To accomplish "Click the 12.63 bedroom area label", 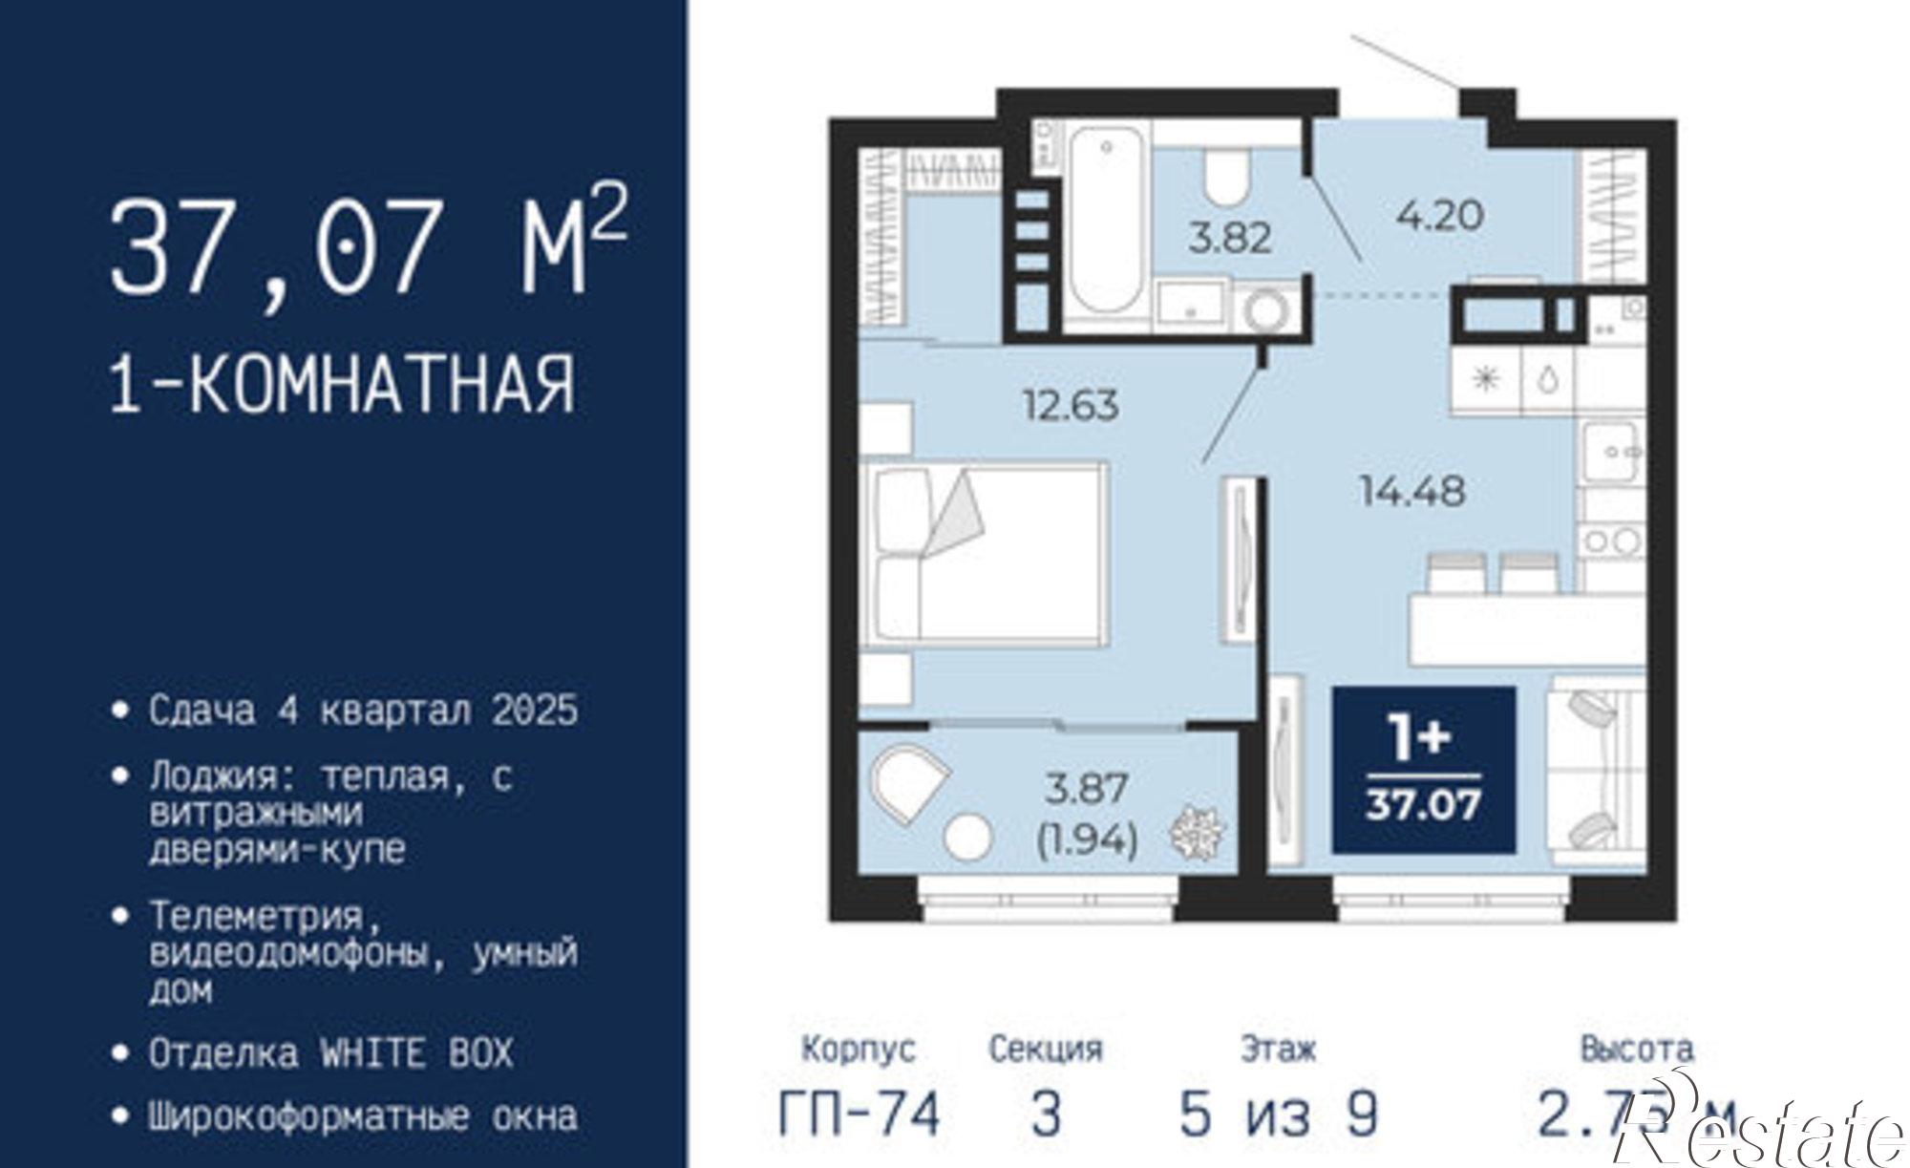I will click(1071, 406).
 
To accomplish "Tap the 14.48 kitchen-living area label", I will click(1412, 492).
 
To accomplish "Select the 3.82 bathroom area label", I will click(1230, 237).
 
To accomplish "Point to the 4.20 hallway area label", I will click(1439, 215).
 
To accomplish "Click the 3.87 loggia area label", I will click(1088, 789).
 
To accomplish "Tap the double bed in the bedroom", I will click(984, 552).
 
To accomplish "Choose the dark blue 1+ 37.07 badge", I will click(1423, 770).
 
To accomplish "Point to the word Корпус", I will click(858, 1050).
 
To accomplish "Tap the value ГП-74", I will click(859, 1114).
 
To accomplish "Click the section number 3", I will click(1046, 1114).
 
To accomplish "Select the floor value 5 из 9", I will click(1279, 1114).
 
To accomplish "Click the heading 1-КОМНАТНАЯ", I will click(343, 385).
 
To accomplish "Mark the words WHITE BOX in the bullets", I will click(416, 1053).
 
